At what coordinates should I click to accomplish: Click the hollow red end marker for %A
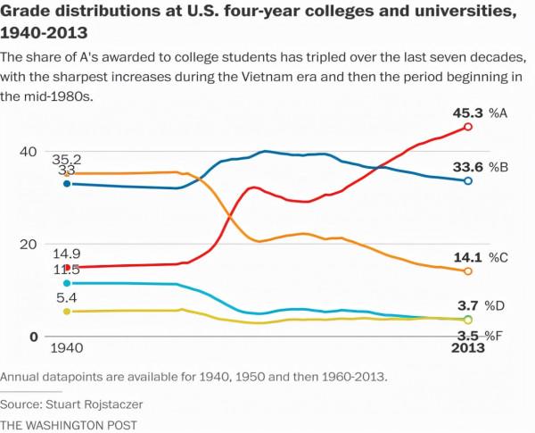tap(469, 127)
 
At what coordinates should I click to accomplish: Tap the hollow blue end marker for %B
tap(469, 180)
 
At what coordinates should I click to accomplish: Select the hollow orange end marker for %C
tap(469, 271)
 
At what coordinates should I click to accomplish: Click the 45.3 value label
tap(468, 112)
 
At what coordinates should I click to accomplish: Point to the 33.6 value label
tap(468, 166)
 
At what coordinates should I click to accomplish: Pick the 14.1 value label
tap(468, 257)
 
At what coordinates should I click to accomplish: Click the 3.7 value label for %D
tap(469, 305)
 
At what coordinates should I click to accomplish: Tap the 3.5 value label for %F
tap(468, 334)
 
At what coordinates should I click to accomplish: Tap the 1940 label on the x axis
tap(67, 348)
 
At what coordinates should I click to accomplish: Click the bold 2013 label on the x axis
tap(467, 348)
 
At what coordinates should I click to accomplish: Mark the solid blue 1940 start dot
tap(67, 184)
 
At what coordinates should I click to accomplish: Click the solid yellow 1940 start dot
tap(67, 312)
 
